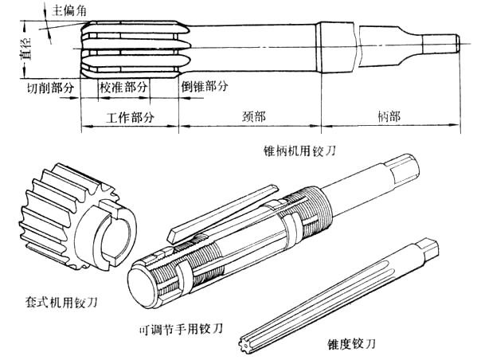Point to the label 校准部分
[128, 86]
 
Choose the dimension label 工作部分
[129, 117]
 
